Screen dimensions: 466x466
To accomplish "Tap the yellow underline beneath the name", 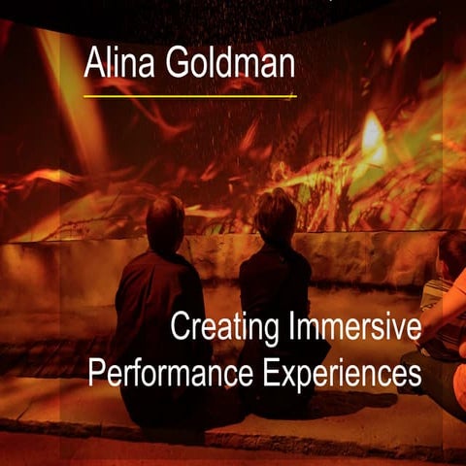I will coord(189,96).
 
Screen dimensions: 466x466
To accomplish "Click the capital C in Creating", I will coord(180,328).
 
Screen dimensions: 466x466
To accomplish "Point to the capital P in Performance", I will coord(95,372).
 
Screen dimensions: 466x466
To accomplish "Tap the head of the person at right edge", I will coord(451,252).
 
